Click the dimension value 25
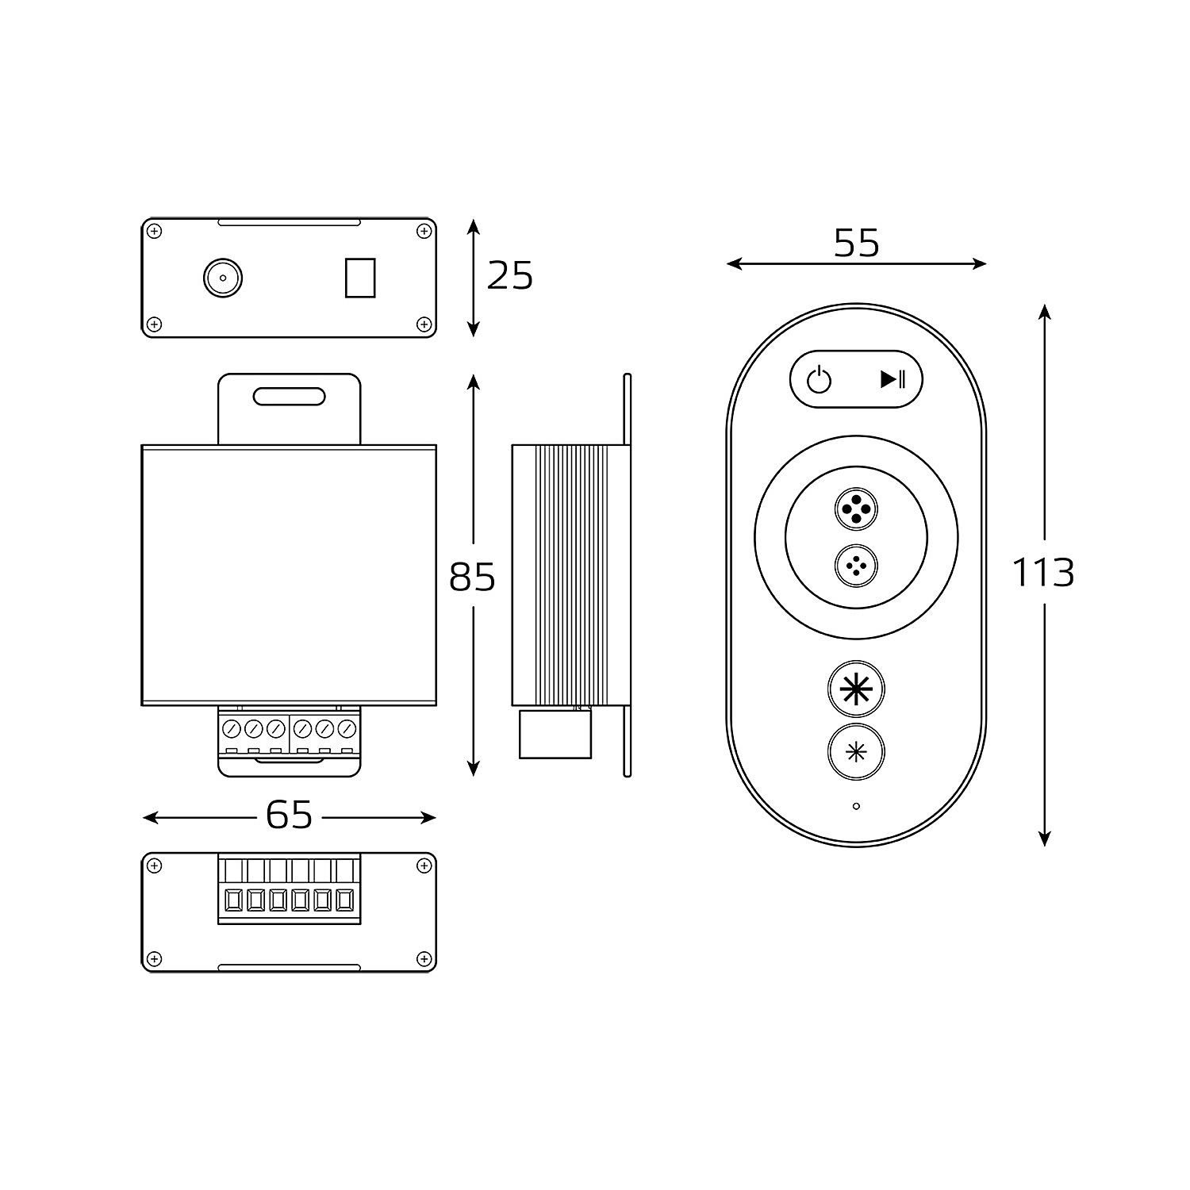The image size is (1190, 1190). click(509, 276)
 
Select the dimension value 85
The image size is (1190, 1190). click(472, 577)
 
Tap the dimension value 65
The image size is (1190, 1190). click(289, 815)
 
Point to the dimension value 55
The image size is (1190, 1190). click(857, 243)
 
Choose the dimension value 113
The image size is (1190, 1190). click(1043, 572)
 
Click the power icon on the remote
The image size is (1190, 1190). click(820, 381)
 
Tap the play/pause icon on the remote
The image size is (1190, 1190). click(892, 379)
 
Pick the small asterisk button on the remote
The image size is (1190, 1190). click(856, 752)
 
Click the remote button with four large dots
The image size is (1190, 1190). click(856, 509)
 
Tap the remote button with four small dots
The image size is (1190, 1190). click(856, 566)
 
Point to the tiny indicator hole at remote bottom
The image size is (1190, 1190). click(856, 807)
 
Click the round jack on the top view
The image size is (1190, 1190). click(223, 278)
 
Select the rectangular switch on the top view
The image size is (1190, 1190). click(360, 278)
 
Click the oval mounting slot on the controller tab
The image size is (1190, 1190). click(289, 397)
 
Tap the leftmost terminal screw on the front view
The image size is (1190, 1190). click(232, 727)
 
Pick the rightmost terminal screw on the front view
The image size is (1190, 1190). click(346, 727)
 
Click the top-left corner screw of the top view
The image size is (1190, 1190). click(155, 232)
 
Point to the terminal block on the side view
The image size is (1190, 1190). click(555, 733)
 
